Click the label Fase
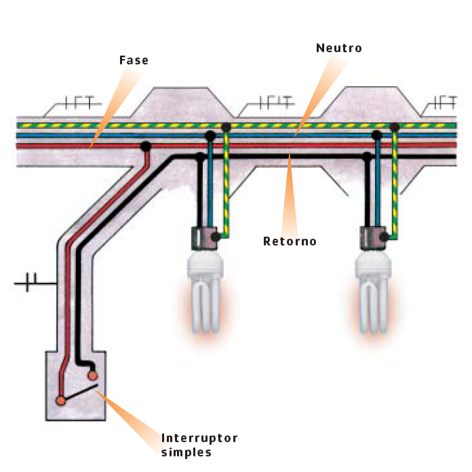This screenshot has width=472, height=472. click(x=134, y=60)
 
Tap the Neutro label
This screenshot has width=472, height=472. click(x=339, y=48)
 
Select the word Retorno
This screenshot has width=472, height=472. click(x=290, y=241)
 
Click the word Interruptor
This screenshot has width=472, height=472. click(x=199, y=438)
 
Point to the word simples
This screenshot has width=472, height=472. click(x=186, y=452)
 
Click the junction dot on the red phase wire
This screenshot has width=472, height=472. click(x=146, y=146)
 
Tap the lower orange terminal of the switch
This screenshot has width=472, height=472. click(x=60, y=401)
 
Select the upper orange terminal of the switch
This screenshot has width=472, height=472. click(x=92, y=376)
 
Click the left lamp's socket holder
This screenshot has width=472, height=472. click(x=204, y=238)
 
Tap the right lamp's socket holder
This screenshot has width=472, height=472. click(x=373, y=238)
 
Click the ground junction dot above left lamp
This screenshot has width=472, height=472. click(x=226, y=127)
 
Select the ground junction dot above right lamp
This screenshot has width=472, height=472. click(x=395, y=127)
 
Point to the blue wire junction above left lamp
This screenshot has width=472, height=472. click(x=210, y=136)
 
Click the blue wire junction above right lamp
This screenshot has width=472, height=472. click(x=376, y=135)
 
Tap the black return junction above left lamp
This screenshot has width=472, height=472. click(x=200, y=157)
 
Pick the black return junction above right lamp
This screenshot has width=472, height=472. click(x=367, y=157)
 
